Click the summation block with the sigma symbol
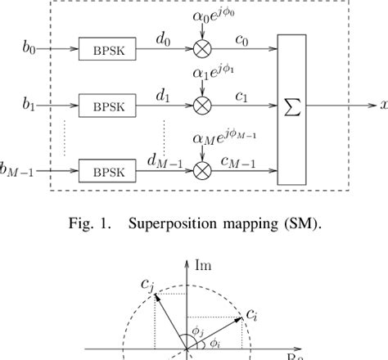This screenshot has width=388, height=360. tap(291, 109)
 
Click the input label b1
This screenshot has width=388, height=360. tap(29, 105)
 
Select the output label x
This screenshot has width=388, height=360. tap(381, 106)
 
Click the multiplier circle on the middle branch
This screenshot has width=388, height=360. tap(201, 106)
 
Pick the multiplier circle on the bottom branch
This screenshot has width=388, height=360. tap(201, 171)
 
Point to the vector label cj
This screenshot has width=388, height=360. tap(144, 286)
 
